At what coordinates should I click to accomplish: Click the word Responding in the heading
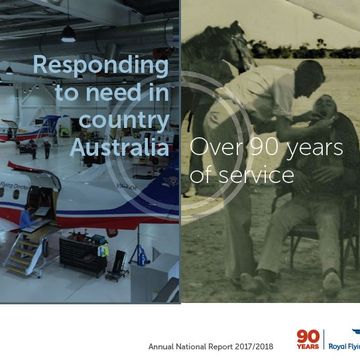tap(100, 67)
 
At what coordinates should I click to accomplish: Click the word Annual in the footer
tap(163, 346)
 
